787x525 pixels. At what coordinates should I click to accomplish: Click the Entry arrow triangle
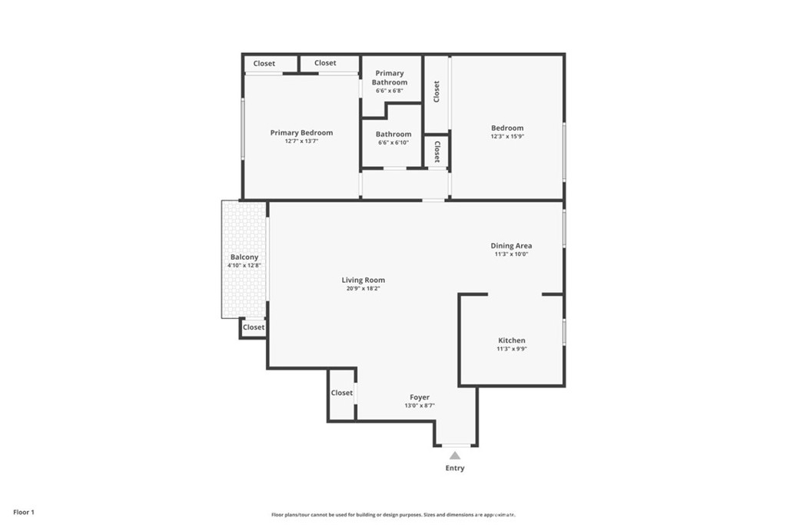pos(455,456)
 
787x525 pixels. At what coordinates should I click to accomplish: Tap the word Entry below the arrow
pos(455,468)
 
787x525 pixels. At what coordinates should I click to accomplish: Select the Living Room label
pos(364,280)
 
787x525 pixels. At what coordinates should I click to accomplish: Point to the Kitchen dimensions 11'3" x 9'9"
pos(511,349)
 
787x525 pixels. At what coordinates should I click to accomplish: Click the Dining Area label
pos(511,246)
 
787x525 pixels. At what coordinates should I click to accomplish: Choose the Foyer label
pos(420,397)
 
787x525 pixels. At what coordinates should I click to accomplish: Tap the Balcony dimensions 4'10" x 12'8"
pos(244,265)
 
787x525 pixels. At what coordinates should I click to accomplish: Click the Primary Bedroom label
pos(301,133)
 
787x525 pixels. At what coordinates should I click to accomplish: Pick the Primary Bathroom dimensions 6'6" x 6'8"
pos(390,91)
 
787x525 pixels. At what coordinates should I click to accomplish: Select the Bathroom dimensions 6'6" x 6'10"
pos(393,142)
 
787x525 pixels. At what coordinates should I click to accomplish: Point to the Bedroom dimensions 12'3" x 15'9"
pos(507,136)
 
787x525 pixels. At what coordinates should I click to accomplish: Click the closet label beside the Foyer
pos(342,393)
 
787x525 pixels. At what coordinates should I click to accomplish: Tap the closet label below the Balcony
pos(254,327)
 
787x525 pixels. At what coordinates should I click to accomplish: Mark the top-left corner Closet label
pos(264,64)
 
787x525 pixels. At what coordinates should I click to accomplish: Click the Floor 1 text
pos(24,513)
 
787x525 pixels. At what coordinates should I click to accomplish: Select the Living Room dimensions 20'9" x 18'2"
pos(364,288)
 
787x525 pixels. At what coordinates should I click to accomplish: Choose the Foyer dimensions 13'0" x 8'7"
pos(420,406)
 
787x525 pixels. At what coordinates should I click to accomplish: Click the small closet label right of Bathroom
pos(437,151)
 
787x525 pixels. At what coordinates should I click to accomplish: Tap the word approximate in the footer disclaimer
pos(500,514)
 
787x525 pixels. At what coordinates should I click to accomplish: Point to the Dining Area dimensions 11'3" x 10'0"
pos(511,254)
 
